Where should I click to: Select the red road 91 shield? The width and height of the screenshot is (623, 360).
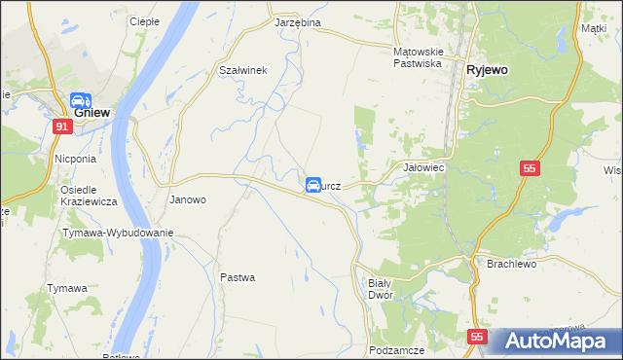[62, 126]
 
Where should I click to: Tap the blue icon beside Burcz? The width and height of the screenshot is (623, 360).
[313, 185]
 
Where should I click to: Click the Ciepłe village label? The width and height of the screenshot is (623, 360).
[143, 21]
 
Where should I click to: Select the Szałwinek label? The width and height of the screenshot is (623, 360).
[242, 70]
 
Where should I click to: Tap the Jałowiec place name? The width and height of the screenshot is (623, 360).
[423, 167]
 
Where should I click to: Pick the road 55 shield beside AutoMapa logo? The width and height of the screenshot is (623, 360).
[476, 337]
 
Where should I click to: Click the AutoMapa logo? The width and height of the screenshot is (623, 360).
[554, 341]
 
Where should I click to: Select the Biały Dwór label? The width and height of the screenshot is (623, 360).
[380, 288]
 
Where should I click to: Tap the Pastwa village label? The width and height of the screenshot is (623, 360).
[238, 277]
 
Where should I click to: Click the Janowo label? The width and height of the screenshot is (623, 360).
[188, 199]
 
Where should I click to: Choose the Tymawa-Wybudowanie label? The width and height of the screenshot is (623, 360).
[118, 233]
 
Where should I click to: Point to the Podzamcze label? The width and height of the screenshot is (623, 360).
[394, 348]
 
